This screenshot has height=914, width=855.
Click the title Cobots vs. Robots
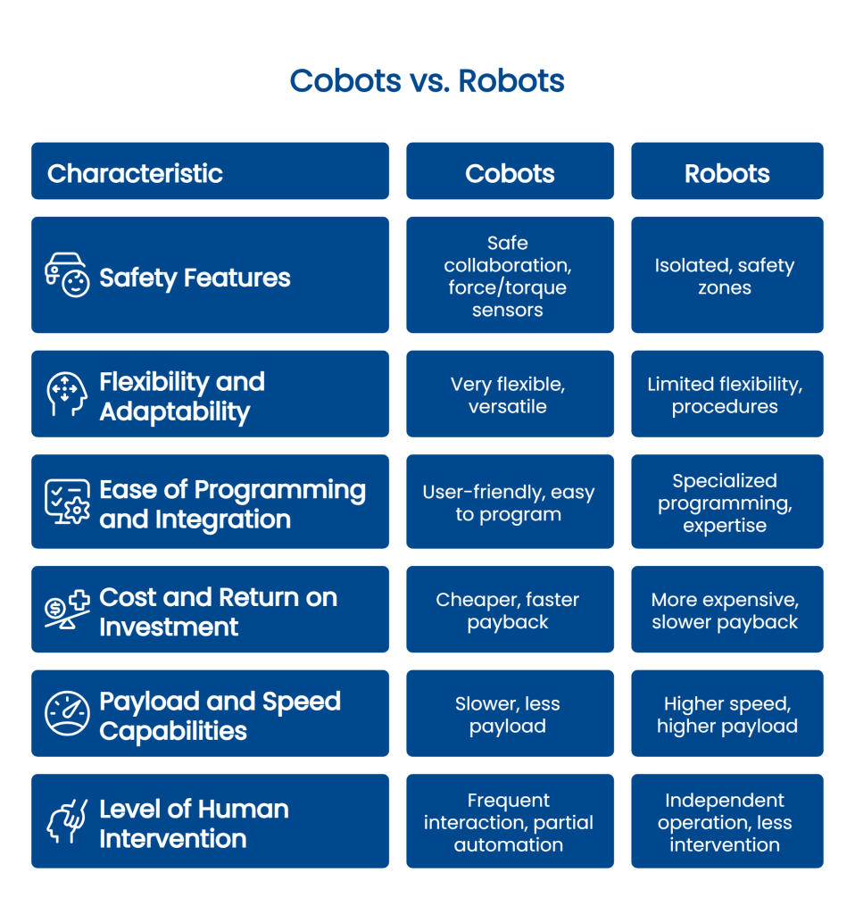(427, 81)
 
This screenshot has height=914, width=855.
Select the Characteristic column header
(135, 173)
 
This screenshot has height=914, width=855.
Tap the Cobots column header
(510, 173)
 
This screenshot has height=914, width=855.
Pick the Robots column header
(726, 173)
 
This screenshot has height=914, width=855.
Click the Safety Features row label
(195, 278)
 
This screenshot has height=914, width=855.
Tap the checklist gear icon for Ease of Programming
(68, 503)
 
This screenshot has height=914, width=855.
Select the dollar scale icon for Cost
(68, 611)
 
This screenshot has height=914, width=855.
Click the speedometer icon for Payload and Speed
(68, 714)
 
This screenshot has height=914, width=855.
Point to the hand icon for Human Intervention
(68, 822)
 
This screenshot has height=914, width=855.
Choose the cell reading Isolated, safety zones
(725, 277)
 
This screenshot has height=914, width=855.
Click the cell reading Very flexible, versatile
(508, 395)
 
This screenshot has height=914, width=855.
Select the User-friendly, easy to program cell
(508, 503)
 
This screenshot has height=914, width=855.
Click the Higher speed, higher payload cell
(726, 715)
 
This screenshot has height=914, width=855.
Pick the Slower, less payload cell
(508, 715)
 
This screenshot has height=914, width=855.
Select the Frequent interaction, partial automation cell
(509, 822)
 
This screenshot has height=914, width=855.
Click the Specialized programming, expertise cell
(725, 503)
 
